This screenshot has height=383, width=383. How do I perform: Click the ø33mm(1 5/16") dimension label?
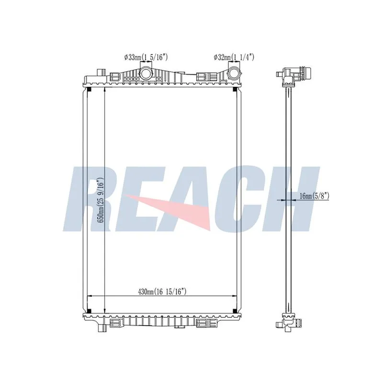146,57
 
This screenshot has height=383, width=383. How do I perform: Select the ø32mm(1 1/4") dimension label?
234,57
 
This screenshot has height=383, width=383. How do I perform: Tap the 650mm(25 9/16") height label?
101,200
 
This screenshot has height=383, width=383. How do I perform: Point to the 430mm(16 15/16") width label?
162,292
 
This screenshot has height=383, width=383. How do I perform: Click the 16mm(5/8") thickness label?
315,196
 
